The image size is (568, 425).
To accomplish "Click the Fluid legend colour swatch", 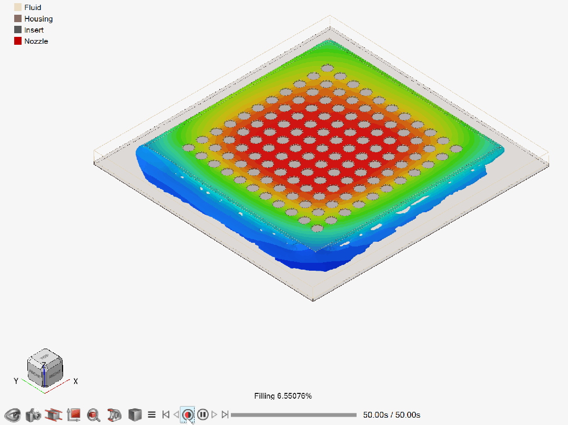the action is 18,7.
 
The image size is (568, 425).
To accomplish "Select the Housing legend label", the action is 38,19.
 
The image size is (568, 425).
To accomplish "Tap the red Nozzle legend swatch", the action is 18,41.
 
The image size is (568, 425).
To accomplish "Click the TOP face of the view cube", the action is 45,357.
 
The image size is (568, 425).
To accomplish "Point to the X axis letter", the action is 75,381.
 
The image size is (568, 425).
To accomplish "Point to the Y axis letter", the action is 16,381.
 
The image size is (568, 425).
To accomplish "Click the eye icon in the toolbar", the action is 12,414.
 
